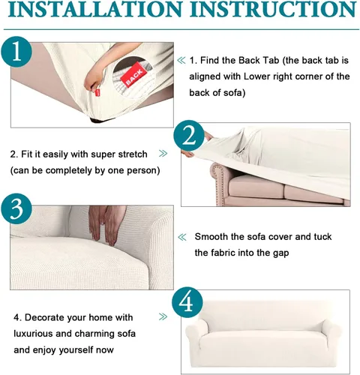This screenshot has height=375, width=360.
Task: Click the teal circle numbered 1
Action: (x=16, y=52)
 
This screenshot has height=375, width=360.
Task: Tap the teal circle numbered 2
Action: (x=189, y=136)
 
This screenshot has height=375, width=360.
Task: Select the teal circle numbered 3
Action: (x=16, y=208)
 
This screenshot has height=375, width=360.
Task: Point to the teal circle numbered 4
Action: (x=187, y=302)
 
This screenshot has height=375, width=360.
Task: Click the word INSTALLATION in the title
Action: (x=94, y=9)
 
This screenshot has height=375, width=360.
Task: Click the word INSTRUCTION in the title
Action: (x=273, y=9)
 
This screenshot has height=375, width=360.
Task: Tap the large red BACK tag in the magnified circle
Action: (x=133, y=75)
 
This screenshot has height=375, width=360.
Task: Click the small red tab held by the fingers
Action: (x=97, y=92)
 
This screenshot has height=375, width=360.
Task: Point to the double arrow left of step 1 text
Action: (x=181, y=60)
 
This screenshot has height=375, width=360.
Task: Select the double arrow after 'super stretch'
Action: (x=163, y=154)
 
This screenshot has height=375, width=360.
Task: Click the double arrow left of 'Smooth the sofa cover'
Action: (x=182, y=237)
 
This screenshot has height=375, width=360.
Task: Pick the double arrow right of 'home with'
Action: (x=163, y=316)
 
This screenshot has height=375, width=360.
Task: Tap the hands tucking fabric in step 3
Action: (x=107, y=224)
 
